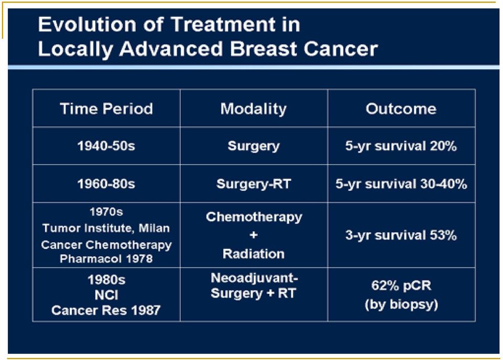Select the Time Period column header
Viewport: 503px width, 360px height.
tap(106, 108)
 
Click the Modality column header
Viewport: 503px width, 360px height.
tap(254, 109)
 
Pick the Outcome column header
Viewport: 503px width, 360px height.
tap(401, 109)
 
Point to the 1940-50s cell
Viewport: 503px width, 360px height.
tap(106, 146)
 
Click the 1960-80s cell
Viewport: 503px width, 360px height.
tap(106, 184)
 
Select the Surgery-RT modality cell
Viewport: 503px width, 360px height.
tap(254, 184)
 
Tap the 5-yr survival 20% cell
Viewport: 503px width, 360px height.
tap(401, 146)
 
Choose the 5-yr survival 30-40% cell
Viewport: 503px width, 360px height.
tap(401, 184)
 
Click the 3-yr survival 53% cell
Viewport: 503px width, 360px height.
tap(401, 235)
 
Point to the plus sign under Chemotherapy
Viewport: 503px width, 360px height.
tap(254, 235)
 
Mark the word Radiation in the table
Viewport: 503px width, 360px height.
tap(254, 254)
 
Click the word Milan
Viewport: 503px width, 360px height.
tap(154, 228)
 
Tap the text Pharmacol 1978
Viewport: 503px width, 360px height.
tap(106, 259)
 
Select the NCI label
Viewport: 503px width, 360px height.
tap(106, 295)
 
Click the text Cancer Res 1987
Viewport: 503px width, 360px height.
tap(106, 310)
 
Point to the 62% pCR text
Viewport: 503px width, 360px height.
tap(401, 285)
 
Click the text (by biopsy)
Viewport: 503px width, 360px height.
tap(401, 304)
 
